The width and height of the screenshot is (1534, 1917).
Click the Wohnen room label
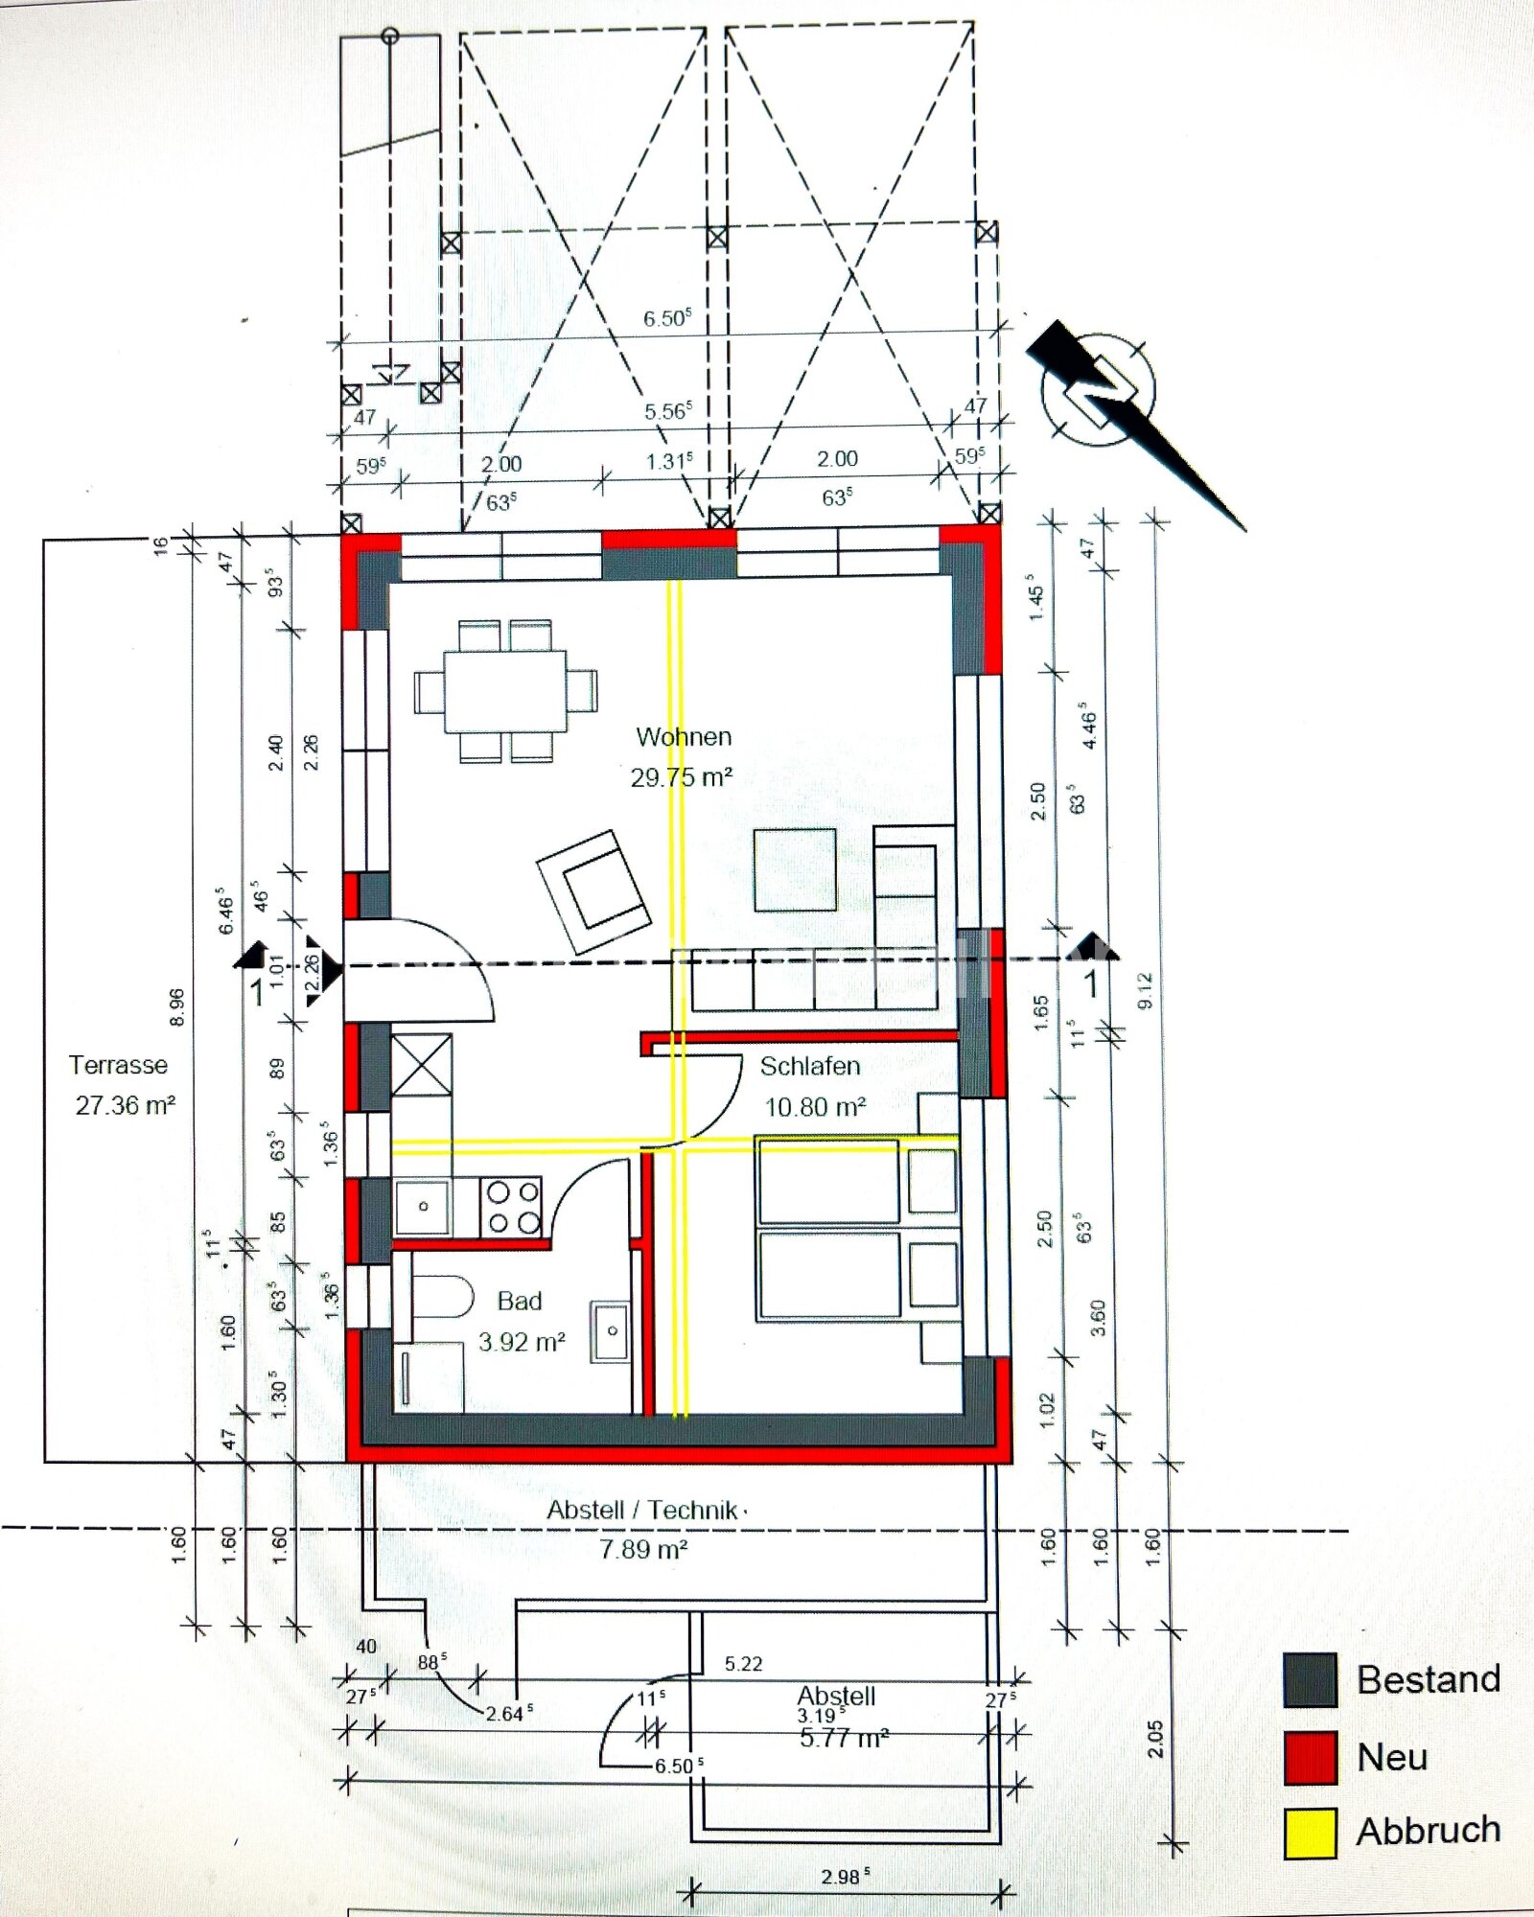[684, 737]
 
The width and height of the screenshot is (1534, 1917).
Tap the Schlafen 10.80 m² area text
[815, 1107]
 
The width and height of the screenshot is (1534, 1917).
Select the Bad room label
[520, 1301]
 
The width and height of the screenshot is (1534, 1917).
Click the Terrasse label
[118, 1065]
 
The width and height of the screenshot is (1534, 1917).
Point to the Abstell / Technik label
[642, 1510]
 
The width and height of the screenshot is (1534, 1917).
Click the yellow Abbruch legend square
[1310, 1834]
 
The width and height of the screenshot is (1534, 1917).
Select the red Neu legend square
[1310, 1757]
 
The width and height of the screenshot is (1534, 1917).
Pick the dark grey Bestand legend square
[1310, 1680]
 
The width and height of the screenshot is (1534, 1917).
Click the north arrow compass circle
[1099, 389]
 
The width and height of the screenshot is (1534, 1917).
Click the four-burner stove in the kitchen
[513, 1207]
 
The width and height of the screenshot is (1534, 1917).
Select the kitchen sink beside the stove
[423, 1207]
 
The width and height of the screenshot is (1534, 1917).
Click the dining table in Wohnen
[505, 691]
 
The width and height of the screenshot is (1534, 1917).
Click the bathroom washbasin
[610, 1330]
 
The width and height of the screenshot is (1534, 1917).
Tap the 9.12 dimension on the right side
[1145, 990]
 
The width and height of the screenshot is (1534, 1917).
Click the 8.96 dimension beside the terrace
[176, 1007]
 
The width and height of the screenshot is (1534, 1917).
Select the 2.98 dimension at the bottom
[845, 1876]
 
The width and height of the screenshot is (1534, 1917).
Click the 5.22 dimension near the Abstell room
[744, 1664]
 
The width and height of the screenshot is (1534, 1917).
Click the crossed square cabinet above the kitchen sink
[421, 1064]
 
